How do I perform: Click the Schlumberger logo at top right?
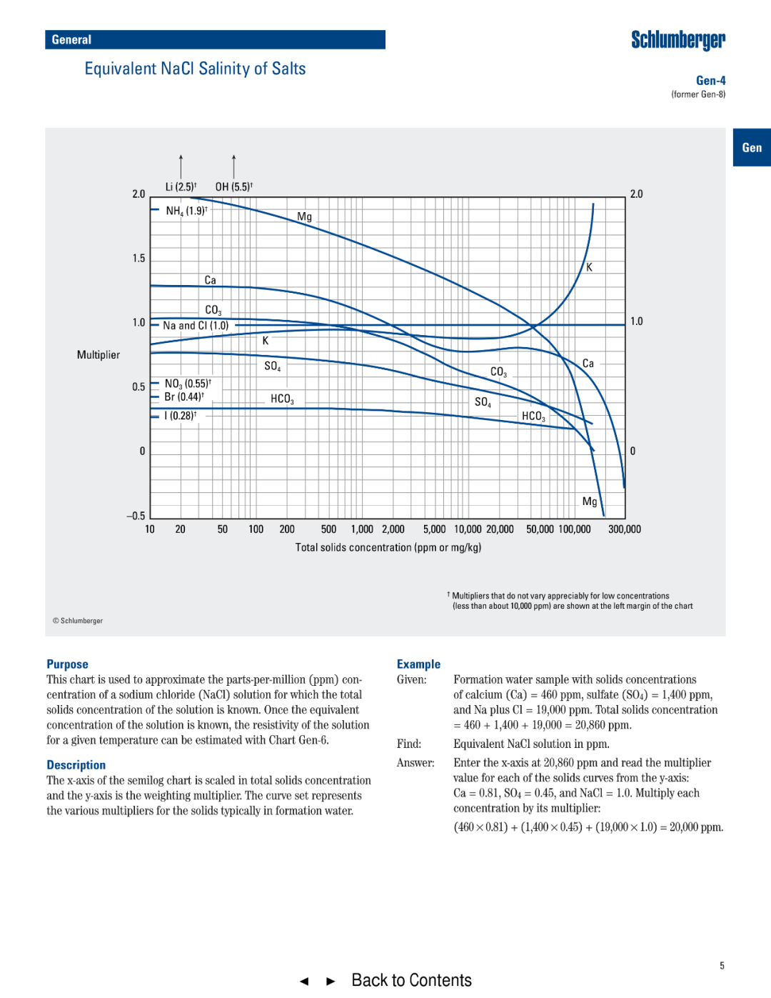point(677,40)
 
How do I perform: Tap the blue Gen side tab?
point(751,148)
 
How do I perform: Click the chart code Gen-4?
point(710,81)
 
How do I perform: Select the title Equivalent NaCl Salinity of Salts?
point(195,69)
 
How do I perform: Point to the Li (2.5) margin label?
point(181,187)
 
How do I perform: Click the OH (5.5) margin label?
point(233,187)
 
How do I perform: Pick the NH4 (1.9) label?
point(186,211)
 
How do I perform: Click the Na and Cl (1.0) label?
point(196,326)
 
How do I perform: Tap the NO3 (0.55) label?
point(188,384)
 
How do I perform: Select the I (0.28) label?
point(180,416)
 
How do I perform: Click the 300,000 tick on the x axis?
point(624,529)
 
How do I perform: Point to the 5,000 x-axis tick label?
point(434,529)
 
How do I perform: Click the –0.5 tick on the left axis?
point(136,516)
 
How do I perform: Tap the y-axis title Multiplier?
point(99,355)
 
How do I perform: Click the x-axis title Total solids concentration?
point(388,548)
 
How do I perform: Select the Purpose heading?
point(67,664)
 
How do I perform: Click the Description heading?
point(76,765)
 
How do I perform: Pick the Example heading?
point(418,664)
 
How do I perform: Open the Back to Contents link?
point(411,980)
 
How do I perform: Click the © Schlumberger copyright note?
point(78,621)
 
